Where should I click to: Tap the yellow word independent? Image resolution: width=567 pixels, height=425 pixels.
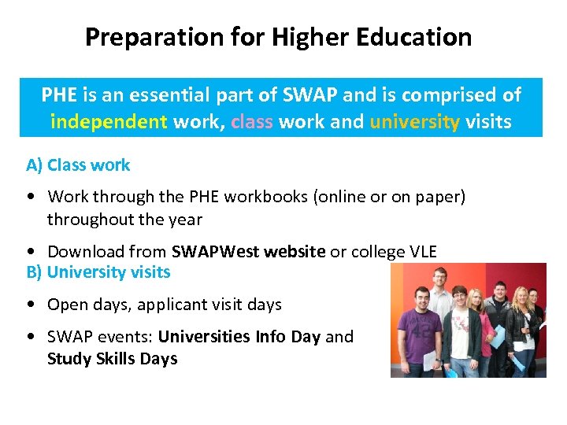pyautogui.click(x=109, y=122)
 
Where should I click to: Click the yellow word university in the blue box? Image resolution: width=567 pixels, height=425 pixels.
pyautogui.click(x=414, y=122)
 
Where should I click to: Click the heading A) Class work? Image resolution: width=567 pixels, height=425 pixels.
pyautogui.click(x=78, y=165)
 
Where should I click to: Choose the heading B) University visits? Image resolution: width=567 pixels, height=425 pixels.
pyautogui.click(x=98, y=272)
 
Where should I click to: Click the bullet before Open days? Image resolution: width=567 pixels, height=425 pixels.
pyautogui.click(x=30, y=305)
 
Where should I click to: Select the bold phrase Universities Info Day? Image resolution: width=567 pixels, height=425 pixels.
pyautogui.click(x=239, y=337)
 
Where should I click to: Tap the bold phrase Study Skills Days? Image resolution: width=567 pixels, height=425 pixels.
pyautogui.click(x=112, y=359)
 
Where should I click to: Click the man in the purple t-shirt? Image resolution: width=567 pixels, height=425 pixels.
pyautogui.click(x=417, y=331)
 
